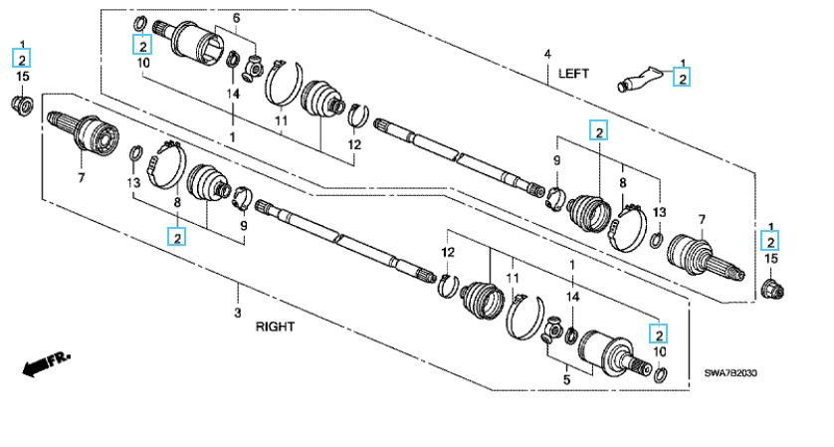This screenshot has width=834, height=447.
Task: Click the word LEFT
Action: [x=575, y=73]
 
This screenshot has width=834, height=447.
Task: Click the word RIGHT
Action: [x=276, y=326]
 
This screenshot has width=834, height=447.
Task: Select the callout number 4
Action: [x=546, y=52]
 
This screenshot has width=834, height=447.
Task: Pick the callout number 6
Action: [x=236, y=19]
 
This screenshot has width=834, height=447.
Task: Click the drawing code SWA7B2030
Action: [x=731, y=373]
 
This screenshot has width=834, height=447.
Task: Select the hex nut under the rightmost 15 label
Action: [x=771, y=289]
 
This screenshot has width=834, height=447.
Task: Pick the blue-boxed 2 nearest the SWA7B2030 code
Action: [x=658, y=334]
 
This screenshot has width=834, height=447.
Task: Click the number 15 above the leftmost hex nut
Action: [x=22, y=77]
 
